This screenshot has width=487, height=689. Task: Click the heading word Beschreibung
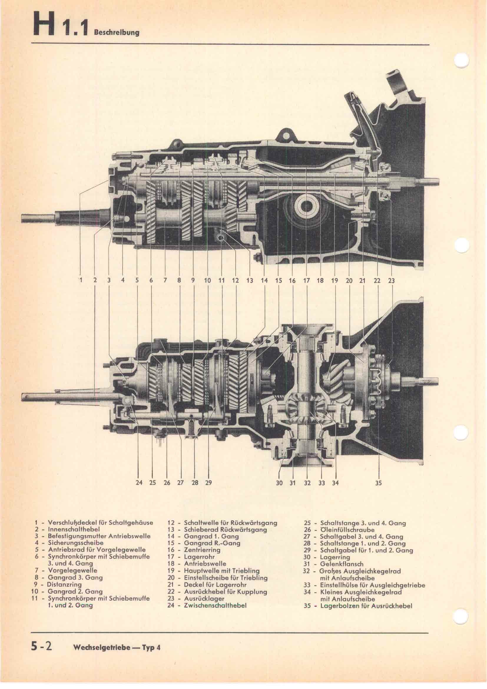pyautogui.click(x=117, y=33)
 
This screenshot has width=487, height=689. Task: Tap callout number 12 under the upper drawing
pyautogui.click(x=236, y=281)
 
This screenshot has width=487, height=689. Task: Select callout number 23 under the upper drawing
pyautogui.click(x=391, y=281)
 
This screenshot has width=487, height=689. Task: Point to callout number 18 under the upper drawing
pyautogui.click(x=320, y=281)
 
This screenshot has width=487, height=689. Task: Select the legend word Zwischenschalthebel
pyautogui.click(x=215, y=605)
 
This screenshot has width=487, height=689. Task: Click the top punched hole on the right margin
pyautogui.click(x=461, y=61)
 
